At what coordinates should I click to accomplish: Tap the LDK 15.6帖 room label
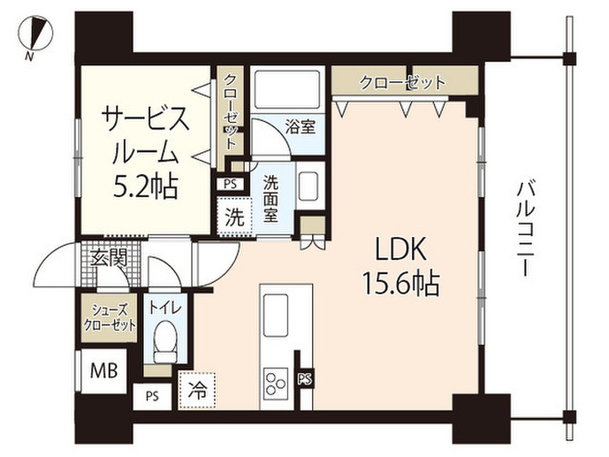[x=401, y=268]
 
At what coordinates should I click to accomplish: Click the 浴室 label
[x=301, y=127]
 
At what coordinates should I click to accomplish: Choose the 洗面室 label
[x=271, y=199]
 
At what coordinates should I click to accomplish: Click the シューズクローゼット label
[x=109, y=318]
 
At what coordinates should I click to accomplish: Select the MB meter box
[x=103, y=371]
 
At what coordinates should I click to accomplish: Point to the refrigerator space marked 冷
[x=197, y=390]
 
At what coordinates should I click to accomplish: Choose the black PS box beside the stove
[x=304, y=378]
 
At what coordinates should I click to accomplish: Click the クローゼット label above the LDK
[x=403, y=83]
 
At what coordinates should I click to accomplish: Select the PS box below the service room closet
[x=229, y=184]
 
